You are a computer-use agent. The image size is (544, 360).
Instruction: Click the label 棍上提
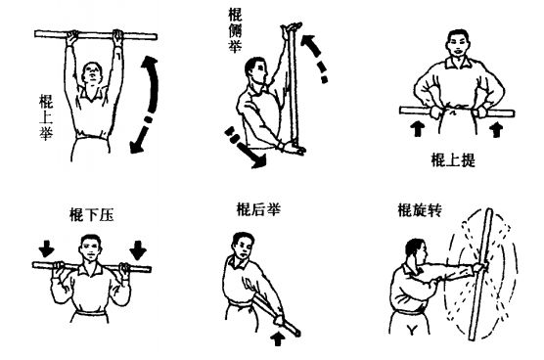point(453,159)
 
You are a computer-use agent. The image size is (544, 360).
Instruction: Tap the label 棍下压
point(91,214)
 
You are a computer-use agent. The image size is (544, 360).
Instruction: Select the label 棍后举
point(258,209)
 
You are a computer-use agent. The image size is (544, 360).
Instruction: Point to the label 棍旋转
point(420,209)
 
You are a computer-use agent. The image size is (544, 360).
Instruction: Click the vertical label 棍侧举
point(235,30)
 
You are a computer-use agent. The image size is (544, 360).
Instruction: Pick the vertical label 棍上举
point(46,117)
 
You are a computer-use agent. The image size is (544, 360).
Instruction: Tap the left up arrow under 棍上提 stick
point(418,129)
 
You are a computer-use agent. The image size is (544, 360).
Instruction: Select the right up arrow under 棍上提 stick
point(496,129)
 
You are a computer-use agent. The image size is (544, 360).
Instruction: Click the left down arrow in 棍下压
point(47,248)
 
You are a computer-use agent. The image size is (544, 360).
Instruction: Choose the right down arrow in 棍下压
point(138,250)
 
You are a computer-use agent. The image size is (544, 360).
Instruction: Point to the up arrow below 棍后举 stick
point(278,338)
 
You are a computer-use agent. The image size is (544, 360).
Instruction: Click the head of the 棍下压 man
point(90,247)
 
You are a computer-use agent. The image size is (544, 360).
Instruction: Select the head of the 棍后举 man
point(243,246)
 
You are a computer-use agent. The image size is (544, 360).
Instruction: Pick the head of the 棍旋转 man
point(416,251)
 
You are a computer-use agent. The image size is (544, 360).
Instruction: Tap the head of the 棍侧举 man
point(256,70)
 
